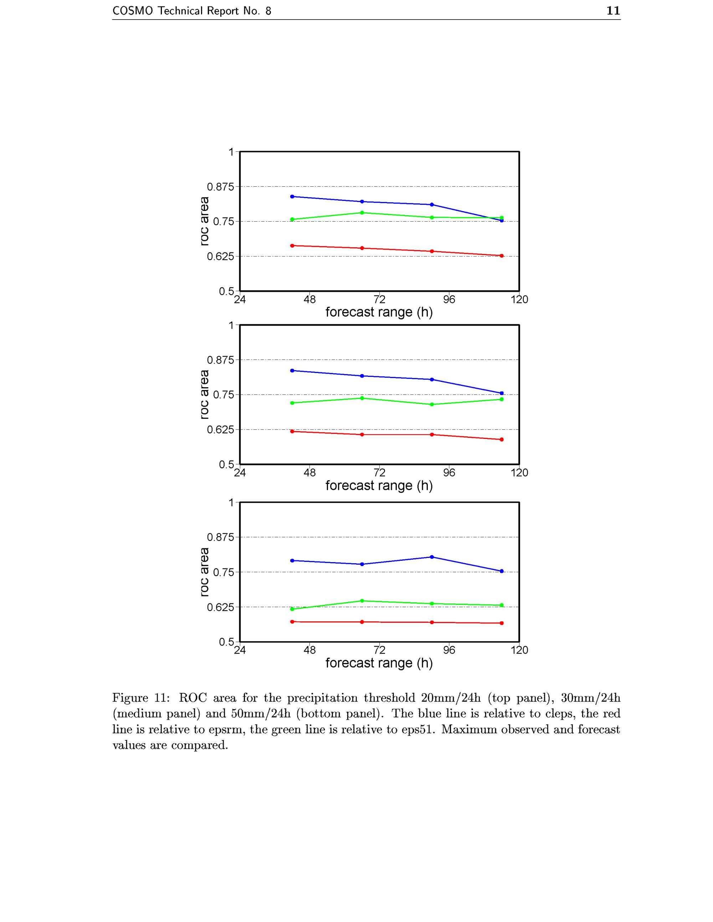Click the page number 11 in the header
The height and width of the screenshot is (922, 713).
[613, 11]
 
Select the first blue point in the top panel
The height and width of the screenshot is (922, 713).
[292, 196]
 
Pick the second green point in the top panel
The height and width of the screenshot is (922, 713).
[362, 213]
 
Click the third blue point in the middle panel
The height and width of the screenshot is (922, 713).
[432, 379]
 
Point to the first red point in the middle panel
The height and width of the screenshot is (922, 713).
[292, 431]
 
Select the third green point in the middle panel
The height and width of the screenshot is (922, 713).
[432, 404]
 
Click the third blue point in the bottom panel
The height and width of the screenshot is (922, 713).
[432, 557]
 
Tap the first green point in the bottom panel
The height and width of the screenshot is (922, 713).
[292, 609]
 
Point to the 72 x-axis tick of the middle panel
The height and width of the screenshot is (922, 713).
[379, 473]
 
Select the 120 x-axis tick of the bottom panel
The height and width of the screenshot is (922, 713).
[519, 650]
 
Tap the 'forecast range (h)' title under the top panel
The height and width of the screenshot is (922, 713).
[379, 312]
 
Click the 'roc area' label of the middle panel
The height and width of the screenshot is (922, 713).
[204, 394]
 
